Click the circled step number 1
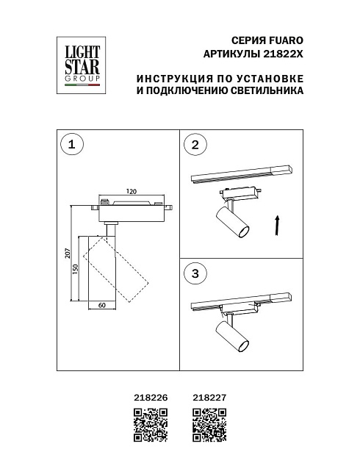pos(71,145)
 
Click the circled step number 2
pos(195,145)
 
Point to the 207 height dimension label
pos(66,254)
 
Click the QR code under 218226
pos(148,426)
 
